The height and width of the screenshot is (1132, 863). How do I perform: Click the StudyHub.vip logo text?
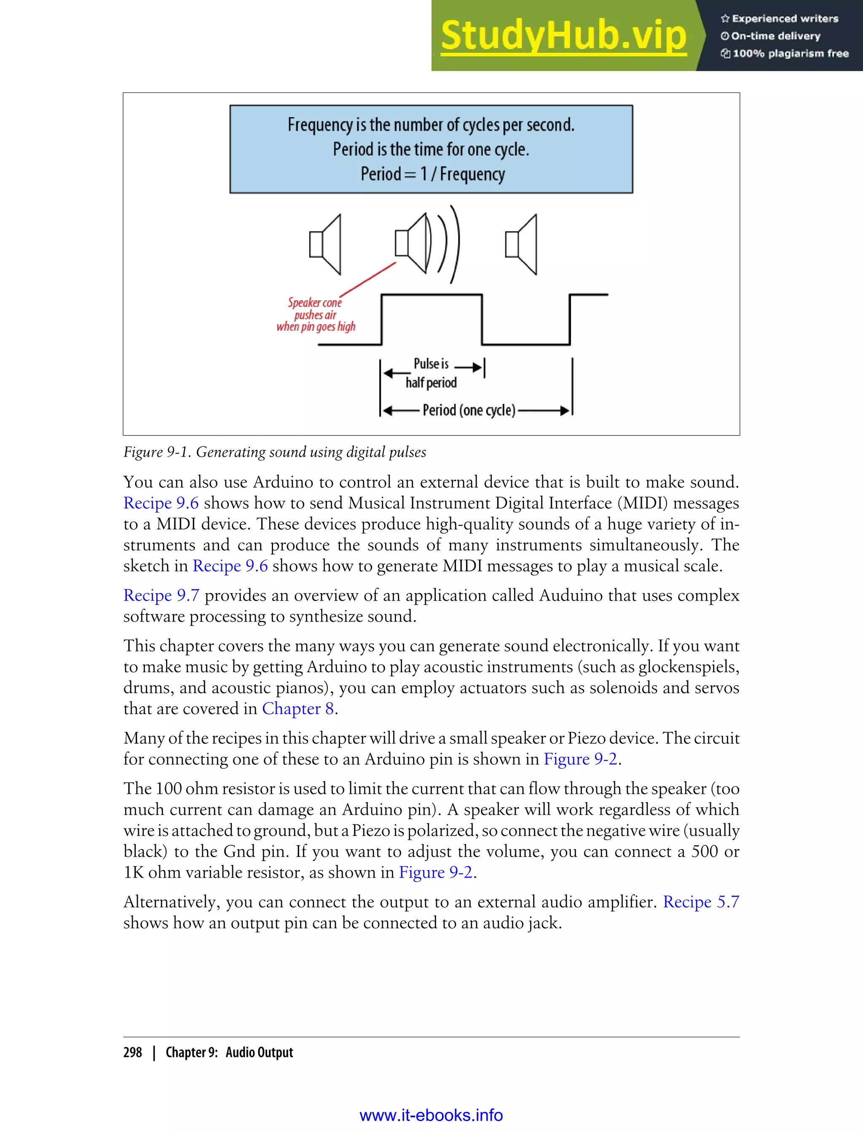click(563, 36)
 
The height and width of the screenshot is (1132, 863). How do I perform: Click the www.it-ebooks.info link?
click(431, 1115)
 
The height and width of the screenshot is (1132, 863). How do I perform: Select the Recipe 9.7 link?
click(161, 595)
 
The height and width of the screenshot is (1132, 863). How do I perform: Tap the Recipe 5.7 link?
click(701, 902)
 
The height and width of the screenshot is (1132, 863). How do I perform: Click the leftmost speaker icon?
click(325, 244)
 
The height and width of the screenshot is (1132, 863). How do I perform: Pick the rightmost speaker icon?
click(521, 244)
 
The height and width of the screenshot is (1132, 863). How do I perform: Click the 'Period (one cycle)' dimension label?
click(469, 410)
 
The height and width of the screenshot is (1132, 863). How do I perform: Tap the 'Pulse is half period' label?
click(431, 373)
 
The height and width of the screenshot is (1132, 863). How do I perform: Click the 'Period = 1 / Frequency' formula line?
click(432, 174)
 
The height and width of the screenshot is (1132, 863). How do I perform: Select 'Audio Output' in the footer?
click(260, 1052)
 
